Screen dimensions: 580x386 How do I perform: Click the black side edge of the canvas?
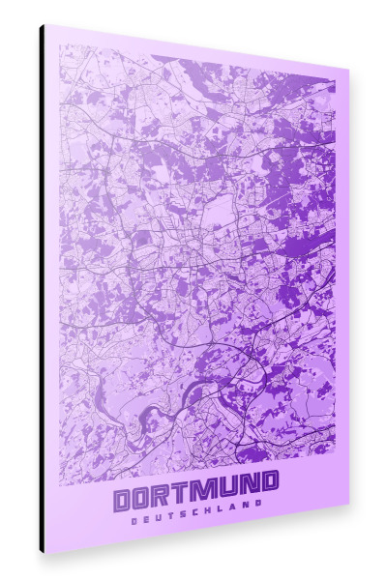click(x=42, y=290)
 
